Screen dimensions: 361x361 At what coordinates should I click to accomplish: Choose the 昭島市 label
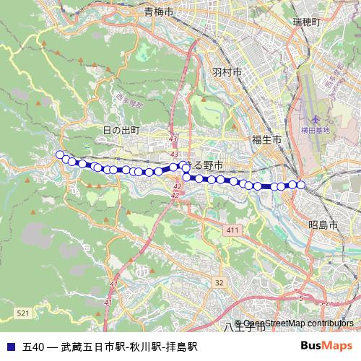click(x=323, y=225)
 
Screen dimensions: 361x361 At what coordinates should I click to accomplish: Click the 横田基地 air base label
click(x=316, y=130)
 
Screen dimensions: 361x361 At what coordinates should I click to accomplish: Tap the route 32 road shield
click(x=219, y=282)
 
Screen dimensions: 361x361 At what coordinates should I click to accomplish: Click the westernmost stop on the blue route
click(x=60, y=154)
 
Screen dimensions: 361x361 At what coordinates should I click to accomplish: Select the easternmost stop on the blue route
click(x=301, y=185)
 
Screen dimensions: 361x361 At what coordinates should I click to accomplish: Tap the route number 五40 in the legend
click(x=34, y=347)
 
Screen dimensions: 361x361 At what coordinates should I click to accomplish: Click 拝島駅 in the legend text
click(x=181, y=347)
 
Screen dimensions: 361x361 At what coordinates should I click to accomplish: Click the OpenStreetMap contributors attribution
click(x=298, y=323)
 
